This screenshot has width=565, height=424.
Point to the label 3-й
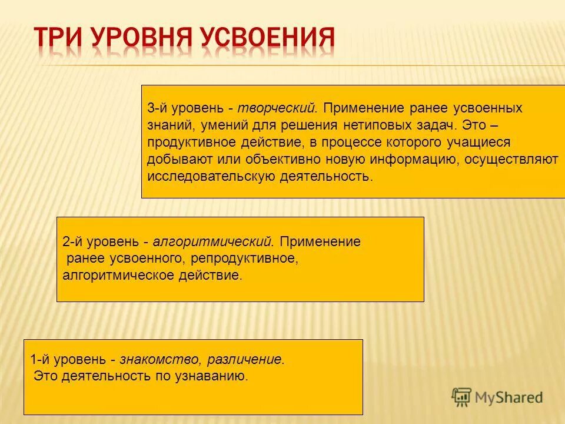pos(157,108)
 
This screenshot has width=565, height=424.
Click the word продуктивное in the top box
pos(184,143)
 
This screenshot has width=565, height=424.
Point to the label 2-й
pos(72,241)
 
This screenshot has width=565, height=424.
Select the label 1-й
pos(40,359)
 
